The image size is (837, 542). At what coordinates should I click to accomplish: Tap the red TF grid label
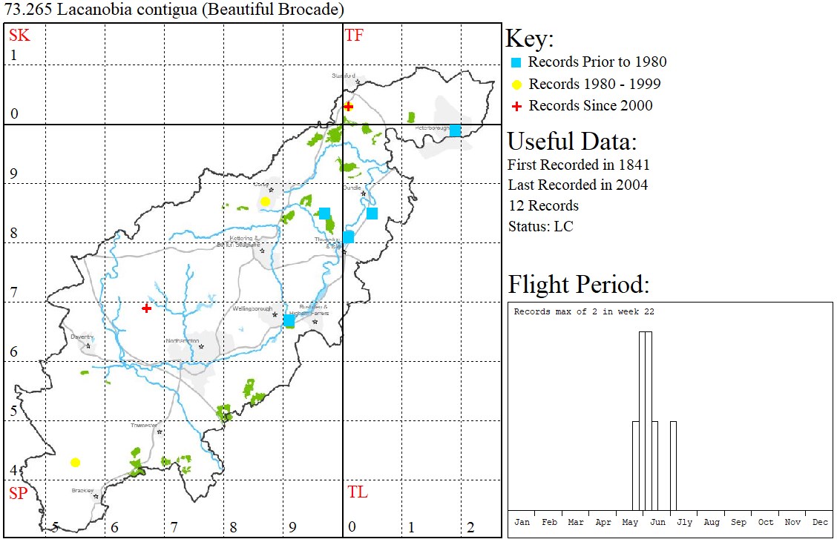(355, 35)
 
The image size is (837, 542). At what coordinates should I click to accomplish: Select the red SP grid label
(18, 493)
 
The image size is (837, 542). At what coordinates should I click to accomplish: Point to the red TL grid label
(357, 492)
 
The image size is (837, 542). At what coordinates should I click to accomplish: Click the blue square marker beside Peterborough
(455, 130)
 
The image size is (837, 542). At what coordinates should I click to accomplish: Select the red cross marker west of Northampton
(147, 308)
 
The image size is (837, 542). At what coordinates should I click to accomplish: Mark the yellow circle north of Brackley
(75, 463)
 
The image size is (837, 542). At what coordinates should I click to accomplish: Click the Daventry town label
(80, 337)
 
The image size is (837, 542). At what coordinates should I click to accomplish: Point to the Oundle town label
(352, 188)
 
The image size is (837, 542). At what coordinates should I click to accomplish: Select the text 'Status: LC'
(540, 226)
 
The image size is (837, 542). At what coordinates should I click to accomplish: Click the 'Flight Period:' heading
(579, 285)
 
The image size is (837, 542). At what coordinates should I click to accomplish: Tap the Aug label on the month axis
(712, 522)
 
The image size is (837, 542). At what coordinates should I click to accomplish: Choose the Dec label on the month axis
(820, 522)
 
